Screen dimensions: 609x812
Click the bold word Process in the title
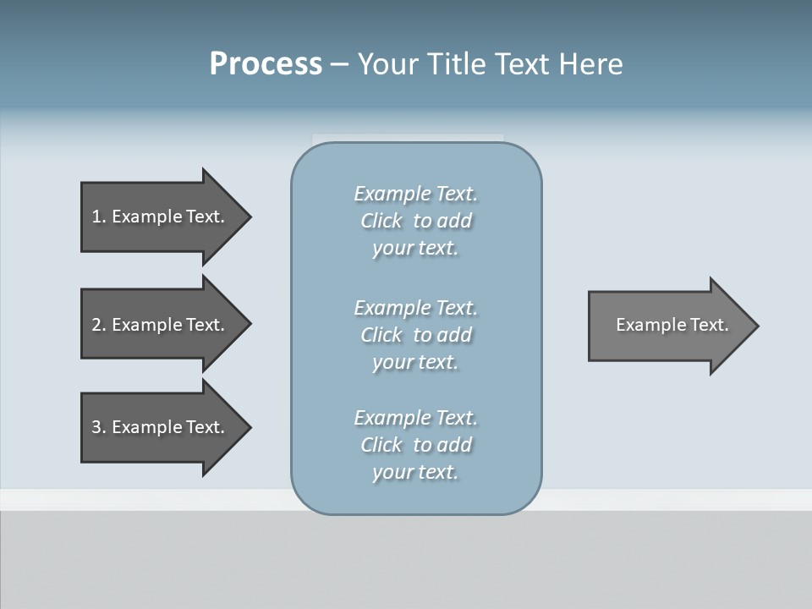[x=266, y=64]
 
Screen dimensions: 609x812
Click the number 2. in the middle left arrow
[x=98, y=325]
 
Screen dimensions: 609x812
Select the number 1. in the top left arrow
[x=98, y=217]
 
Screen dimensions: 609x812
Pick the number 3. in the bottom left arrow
[x=98, y=427]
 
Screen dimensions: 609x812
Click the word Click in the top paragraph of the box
[x=381, y=221]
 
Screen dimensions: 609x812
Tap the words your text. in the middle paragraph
[x=415, y=362]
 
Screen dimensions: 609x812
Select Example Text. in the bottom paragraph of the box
[x=415, y=418]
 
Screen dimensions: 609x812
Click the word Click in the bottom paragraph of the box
[x=381, y=445]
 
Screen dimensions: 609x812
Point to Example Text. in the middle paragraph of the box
[x=415, y=308]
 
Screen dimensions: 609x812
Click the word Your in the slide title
[x=387, y=64]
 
